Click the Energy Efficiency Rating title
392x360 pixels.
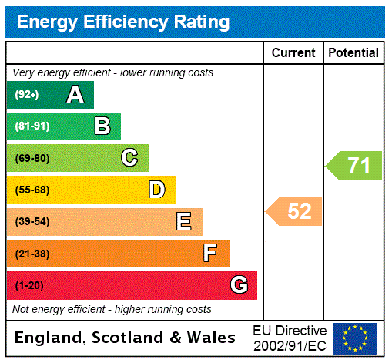point(123,22)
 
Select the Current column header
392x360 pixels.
point(293,52)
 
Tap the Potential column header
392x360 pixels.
point(353,52)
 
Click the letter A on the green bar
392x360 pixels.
point(75,95)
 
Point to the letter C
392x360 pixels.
point(129,158)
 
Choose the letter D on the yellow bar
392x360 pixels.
point(156,190)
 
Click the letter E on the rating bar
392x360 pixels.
point(184,222)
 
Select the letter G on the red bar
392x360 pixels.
point(239,285)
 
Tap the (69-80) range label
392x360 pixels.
point(32,158)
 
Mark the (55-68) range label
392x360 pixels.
point(32,190)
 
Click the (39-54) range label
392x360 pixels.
point(32,222)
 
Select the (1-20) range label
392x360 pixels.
point(29,285)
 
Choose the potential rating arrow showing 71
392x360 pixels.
point(353,166)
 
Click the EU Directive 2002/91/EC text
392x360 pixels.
point(290,338)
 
